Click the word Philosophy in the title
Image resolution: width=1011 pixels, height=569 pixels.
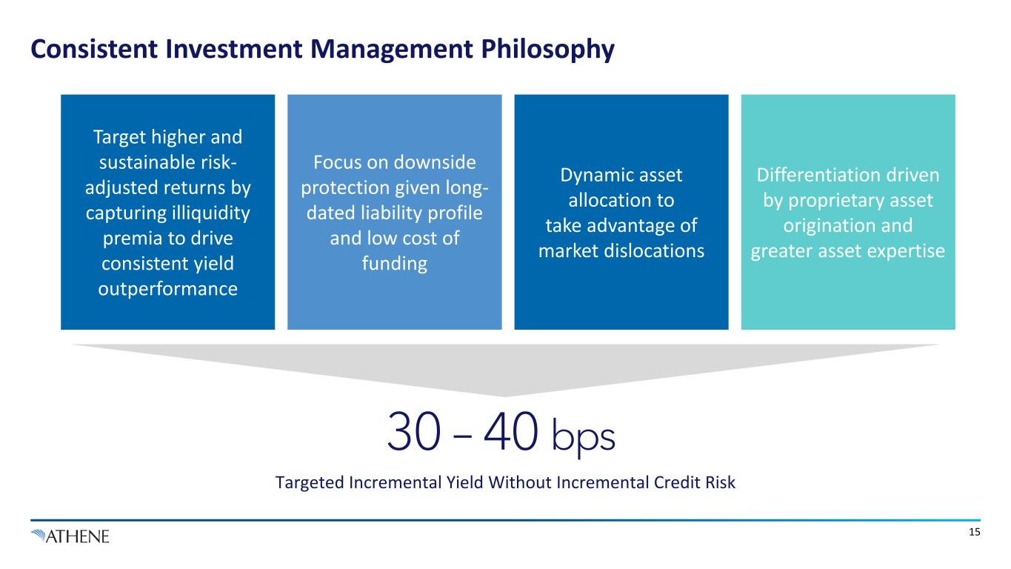[547, 50]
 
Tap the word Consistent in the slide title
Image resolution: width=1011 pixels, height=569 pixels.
[94, 49]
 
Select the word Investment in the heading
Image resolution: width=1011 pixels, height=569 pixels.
[233, 49]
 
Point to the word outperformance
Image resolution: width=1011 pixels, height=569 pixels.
[168, 289]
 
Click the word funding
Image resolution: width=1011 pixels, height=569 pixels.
[395, 264]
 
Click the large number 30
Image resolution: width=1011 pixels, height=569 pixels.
[414, 432]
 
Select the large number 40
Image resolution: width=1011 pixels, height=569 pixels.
[510, 432]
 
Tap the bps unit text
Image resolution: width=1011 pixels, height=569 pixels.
[584, 437]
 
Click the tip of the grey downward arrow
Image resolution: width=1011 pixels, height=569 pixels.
[505, 396]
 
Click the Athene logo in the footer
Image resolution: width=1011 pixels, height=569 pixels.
[70, 536]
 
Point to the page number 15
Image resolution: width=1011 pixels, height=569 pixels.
[975, 533]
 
